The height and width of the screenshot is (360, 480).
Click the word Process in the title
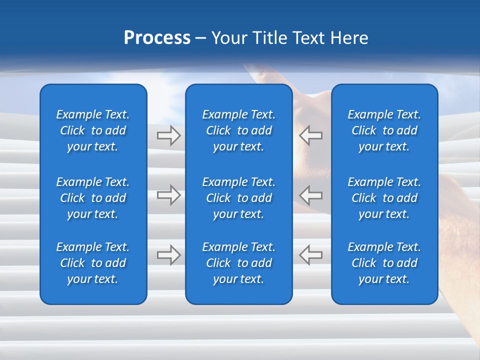click(157, 37)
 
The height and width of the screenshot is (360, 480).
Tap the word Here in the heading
click(348, 37)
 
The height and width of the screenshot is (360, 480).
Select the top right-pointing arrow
click(169, 135)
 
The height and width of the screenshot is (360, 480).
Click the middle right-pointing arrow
click(169, 195)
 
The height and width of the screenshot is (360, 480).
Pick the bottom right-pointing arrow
click(169, 254)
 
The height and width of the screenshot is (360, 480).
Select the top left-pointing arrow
click(310, 135)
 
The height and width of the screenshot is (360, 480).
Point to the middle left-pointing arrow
click(310, 195)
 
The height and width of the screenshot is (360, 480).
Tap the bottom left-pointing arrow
click(310, 254)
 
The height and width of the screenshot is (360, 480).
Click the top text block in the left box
click(93, 130)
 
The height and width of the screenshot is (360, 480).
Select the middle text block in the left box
click(93, 198)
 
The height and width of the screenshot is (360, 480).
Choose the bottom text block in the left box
click(93, 263)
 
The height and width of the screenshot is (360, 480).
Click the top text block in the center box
click(239, 130)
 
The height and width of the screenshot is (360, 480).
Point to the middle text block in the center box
click(239, 198)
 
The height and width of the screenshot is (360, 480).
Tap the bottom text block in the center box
click(239, 263)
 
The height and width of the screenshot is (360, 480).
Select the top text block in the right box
click(384, 130)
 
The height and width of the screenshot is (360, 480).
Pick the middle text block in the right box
click(384, 198)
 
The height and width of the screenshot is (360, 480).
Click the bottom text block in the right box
click(384, 263)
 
